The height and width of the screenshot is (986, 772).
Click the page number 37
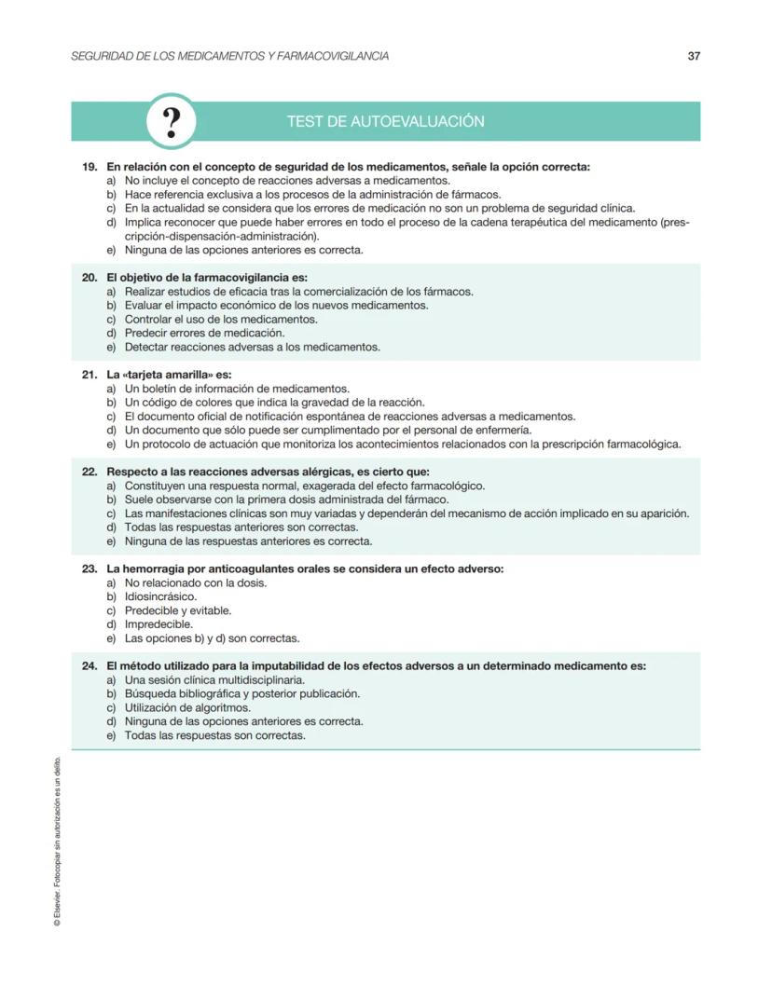tap(693, 56)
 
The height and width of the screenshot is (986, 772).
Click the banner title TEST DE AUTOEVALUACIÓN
tap(385, 122)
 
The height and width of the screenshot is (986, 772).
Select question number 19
tap(90, 167)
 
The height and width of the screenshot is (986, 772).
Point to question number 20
tap(90, 278)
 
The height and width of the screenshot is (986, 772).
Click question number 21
tap(90, 375)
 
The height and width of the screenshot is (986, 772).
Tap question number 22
tap(90, 472)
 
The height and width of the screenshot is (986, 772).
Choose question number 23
tap(90, 568)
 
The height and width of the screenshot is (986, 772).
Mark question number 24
tap(90, 666)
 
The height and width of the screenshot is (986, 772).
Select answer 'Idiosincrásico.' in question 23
tap(160, 596)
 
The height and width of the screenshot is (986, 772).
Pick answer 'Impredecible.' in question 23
tap(159, 624)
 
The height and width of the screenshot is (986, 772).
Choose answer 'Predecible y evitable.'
tap(178, 610)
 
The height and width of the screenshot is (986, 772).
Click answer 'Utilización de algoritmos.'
tap(187, 707)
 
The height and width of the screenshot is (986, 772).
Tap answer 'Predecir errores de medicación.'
tap(204, 333)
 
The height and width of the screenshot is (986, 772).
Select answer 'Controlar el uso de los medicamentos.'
tap(221, 319)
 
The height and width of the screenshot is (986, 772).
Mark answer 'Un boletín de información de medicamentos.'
tap(237, 389)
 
